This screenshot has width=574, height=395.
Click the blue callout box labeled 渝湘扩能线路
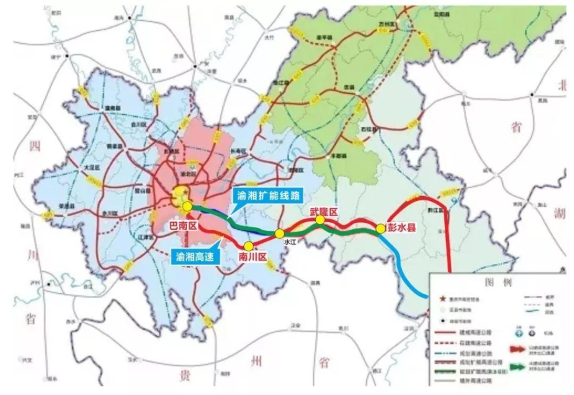click(x=267, y=195)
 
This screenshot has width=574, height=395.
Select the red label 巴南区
click(x=184, y=226)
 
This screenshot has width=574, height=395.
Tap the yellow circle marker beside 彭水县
click(x=381, y=229)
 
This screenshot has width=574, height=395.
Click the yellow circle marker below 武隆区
click(x=320, y=220)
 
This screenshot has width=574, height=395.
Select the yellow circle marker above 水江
click(x=278, y=233)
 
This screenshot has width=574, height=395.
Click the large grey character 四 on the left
click(x=33, y=146)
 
